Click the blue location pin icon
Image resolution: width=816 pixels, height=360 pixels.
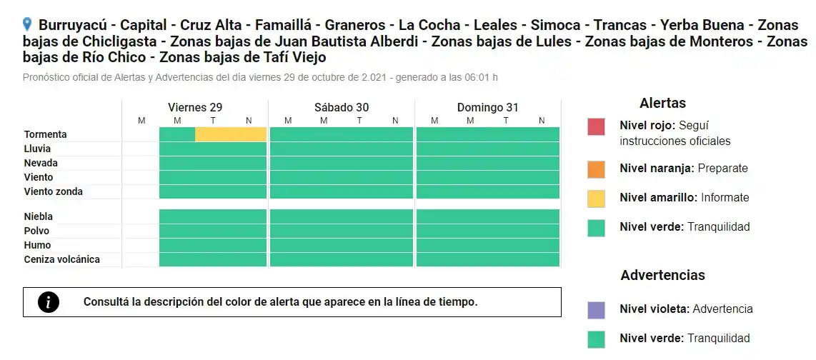click(27, 24)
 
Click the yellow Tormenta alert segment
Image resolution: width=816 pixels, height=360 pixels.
click(231, 134)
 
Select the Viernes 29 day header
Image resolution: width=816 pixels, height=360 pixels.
click(195, 107)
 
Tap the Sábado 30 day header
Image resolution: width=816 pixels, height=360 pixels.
click(342, 107)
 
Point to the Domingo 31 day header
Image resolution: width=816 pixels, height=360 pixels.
click(488, 107)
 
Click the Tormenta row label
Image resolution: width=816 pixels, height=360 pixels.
click(46, 134)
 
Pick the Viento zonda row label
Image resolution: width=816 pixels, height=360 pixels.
click(54, 191)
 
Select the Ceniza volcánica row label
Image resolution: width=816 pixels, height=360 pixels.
click(62, 259)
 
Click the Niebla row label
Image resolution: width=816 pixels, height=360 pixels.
click(39, 216)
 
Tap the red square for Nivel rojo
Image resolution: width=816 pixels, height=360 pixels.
click(596, 126)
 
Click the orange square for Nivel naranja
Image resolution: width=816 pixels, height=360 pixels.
click(596, 169)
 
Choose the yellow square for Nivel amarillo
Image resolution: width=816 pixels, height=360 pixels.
click(596, 198)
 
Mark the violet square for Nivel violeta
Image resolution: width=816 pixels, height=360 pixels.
click(596, 309)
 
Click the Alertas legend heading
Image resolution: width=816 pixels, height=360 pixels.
click(662, 104)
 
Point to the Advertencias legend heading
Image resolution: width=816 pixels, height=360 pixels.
click(662, 275)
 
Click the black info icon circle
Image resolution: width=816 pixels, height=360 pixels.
click(49, 302)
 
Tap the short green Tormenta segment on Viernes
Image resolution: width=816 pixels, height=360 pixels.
click(177, 134)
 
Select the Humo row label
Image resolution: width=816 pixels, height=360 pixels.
click(36, 245)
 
